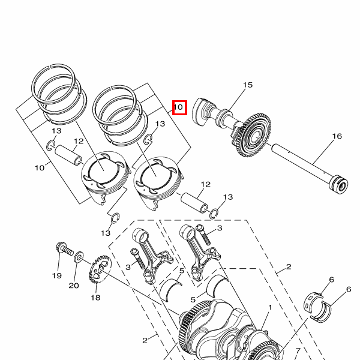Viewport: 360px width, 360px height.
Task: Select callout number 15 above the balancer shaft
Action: tap(248, 85)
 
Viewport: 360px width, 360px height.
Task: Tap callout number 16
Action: tap(337, 136)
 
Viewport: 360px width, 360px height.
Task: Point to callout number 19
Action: tap(57, 275)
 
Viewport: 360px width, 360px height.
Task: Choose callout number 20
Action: tap(74, 286)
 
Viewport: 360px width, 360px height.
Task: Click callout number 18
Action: tap(95, 298)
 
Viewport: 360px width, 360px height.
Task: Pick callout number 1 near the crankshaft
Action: tap(270, 307)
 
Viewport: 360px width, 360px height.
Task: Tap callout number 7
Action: tap(298, 351)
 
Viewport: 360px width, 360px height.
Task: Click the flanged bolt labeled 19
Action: tap(64, 249)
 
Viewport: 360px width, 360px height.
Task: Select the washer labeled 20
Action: tap(79, 257)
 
